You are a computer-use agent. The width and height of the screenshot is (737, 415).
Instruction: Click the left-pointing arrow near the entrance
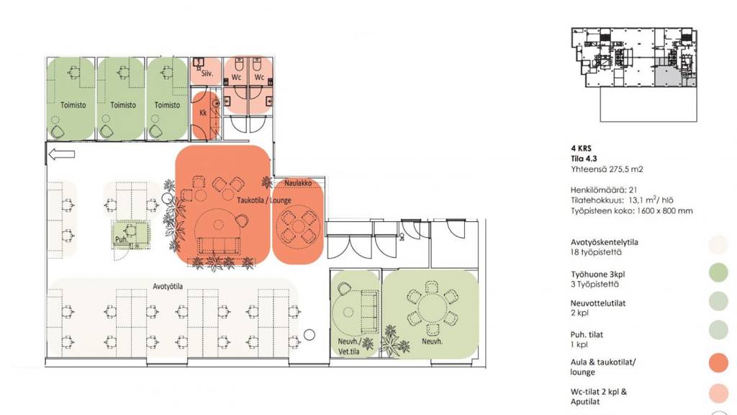point(62,154)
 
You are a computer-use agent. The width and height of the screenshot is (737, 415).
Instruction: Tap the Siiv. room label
point(207,73)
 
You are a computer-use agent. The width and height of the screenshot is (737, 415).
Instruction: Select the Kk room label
point(203,113)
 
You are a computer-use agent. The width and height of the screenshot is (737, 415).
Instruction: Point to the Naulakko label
point(298,182)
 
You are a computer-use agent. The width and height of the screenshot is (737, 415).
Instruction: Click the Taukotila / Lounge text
point(264,200)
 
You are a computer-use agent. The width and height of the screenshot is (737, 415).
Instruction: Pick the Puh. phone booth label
point(121,239)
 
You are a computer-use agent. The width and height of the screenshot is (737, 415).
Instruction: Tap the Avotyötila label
point(168,286)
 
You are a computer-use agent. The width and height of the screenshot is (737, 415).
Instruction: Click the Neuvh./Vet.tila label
point(349,347)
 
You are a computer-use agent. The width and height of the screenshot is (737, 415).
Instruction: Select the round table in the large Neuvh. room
point(432,309)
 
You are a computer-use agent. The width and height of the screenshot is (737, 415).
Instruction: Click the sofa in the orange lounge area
point(220,246)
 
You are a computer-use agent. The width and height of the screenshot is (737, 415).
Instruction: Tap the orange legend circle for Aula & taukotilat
point(718,363)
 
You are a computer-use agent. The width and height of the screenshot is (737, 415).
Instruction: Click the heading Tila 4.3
point(584,159)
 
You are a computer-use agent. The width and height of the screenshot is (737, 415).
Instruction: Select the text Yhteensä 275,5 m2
point(607,169)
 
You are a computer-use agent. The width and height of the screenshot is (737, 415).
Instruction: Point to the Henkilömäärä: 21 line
point(604,190)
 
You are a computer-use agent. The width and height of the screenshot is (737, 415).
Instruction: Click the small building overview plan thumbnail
point(634,74)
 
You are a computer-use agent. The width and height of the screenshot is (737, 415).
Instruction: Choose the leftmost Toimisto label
point(73,105)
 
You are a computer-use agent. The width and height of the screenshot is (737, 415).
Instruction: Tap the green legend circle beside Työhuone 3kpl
point(718,273)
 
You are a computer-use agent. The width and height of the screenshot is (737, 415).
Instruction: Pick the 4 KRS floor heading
point(581,148)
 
